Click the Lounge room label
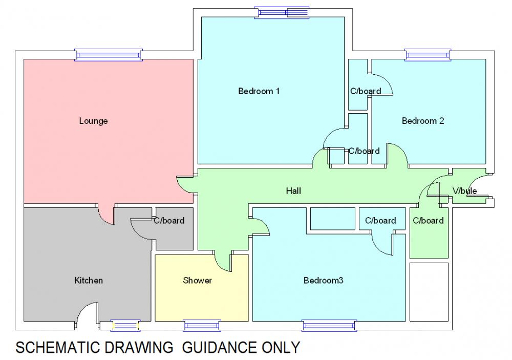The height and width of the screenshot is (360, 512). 93,121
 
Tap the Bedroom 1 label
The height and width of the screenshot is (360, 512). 259,91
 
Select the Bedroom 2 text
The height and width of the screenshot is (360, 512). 422,121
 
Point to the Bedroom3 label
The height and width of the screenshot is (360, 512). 323,281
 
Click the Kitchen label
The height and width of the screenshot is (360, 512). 89,281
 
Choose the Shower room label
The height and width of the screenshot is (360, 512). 197,281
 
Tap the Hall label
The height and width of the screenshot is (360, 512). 293,191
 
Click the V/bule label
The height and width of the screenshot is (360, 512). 464,191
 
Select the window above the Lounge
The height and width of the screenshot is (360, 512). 108,55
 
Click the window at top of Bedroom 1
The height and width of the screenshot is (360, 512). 283,12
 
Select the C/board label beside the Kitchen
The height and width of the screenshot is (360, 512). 169,221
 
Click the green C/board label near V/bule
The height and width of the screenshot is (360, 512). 428,221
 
